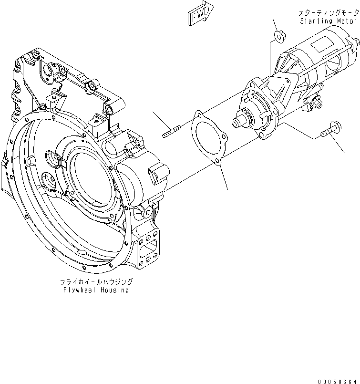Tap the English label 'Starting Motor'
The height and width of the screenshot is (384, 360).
(x=329, y=21)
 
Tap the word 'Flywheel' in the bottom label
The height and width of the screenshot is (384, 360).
(x=78, y=290)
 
